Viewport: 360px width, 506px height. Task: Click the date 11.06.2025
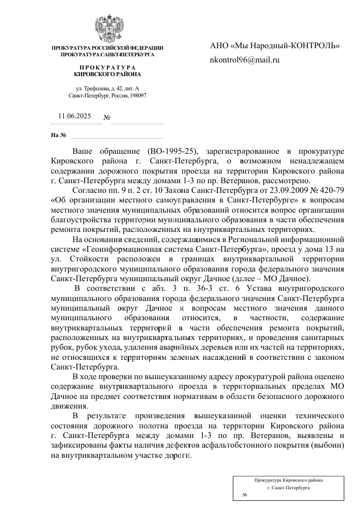75,116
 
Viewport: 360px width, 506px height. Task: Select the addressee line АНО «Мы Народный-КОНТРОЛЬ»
274,46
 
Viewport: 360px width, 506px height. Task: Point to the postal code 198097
138,95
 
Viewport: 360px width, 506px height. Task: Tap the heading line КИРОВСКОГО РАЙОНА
107,74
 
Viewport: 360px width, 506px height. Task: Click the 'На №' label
59,136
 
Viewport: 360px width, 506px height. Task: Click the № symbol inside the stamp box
244,494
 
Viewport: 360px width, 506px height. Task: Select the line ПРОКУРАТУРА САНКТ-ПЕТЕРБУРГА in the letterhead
107,54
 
